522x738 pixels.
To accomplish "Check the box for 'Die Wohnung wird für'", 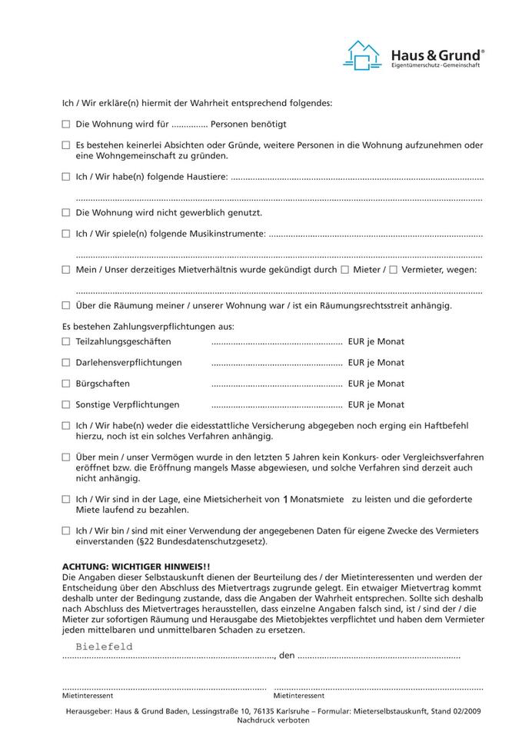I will pos(66,124).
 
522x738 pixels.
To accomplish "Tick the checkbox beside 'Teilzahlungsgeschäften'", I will pos(66,341).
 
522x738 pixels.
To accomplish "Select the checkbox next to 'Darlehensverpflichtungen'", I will pos(66,362).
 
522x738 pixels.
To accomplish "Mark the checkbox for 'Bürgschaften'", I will pos(66,384).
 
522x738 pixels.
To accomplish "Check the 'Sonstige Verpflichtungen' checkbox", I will pos(66,404).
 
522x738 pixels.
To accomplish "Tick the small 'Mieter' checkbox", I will pos(344,270).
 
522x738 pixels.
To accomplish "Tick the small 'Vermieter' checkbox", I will pos(393,270).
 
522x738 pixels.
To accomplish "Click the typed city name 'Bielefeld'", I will pos(104,647).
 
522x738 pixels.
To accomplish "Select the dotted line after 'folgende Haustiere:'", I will pos(357,178).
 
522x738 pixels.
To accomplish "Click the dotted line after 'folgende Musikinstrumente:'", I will pos(376,234).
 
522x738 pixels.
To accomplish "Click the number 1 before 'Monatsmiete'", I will pos(285,500).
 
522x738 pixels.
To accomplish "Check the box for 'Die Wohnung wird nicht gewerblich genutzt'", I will pos(66,212).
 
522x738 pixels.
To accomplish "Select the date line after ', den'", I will pos(379,657).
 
